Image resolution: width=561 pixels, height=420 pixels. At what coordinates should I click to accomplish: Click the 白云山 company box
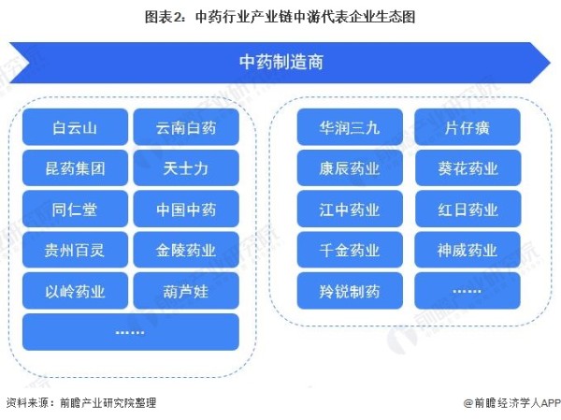coord(75,127)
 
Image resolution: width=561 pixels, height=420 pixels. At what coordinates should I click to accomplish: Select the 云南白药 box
coord(186,127)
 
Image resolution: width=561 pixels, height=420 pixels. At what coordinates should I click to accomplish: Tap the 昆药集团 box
coord(75,168)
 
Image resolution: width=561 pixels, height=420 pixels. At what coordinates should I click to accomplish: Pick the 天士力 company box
coord(186,168)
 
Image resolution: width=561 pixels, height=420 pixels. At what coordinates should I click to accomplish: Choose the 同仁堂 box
coord(75,209)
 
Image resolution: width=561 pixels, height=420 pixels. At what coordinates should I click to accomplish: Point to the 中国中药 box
coord(186,209)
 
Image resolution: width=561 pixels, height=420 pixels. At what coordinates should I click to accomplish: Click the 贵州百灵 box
coord(75,250)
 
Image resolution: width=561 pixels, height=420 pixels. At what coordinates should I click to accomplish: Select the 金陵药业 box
coord(186,250)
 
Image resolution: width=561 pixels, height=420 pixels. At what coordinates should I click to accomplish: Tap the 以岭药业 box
coord(75,291)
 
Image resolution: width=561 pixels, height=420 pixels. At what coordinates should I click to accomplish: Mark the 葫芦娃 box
coord(186,291)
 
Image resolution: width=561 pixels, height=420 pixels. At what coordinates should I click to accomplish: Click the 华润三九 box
coord(350,127)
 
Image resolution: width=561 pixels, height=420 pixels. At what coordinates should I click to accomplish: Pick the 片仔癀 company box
coord(467,127)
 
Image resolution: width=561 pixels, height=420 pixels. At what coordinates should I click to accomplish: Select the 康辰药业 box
coord(350,168)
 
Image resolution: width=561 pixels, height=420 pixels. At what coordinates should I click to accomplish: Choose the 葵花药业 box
coord(467,168)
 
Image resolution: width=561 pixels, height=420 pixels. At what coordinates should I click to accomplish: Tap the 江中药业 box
coord(350,209)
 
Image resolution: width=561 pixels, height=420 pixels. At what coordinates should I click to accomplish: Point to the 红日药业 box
coord(467,209)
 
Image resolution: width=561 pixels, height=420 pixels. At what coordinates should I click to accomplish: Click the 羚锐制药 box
coord(350,291)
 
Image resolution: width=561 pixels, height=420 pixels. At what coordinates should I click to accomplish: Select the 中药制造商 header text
coord(281,62)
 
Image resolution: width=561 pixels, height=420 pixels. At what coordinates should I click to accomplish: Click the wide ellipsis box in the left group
coord(131,332)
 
